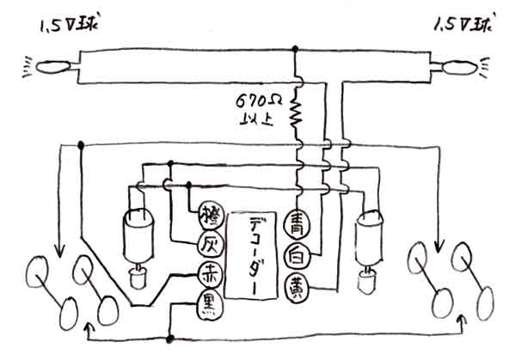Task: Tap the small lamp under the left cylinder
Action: pos(138,277)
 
